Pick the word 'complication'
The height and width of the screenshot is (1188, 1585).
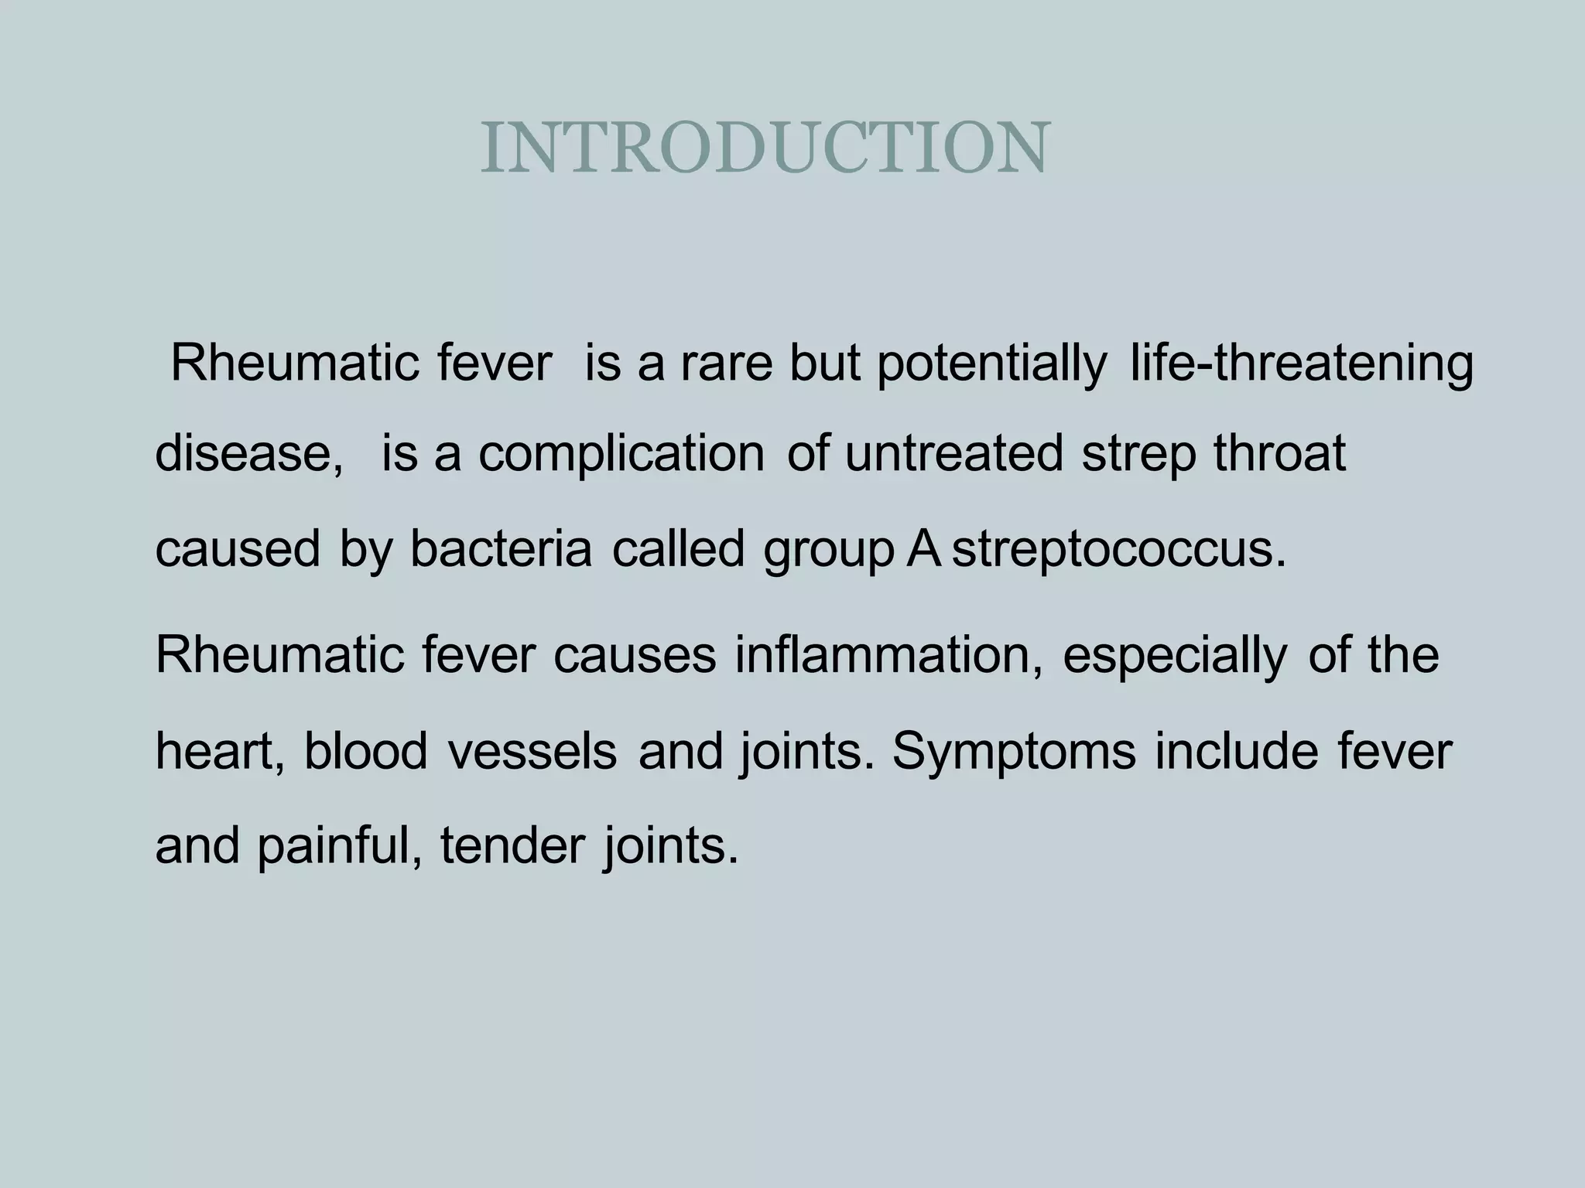click(x=621, y=455)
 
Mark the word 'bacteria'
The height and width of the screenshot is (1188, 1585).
click(x=501, y=549)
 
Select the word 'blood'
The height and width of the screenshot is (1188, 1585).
click(x=365, y=750)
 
